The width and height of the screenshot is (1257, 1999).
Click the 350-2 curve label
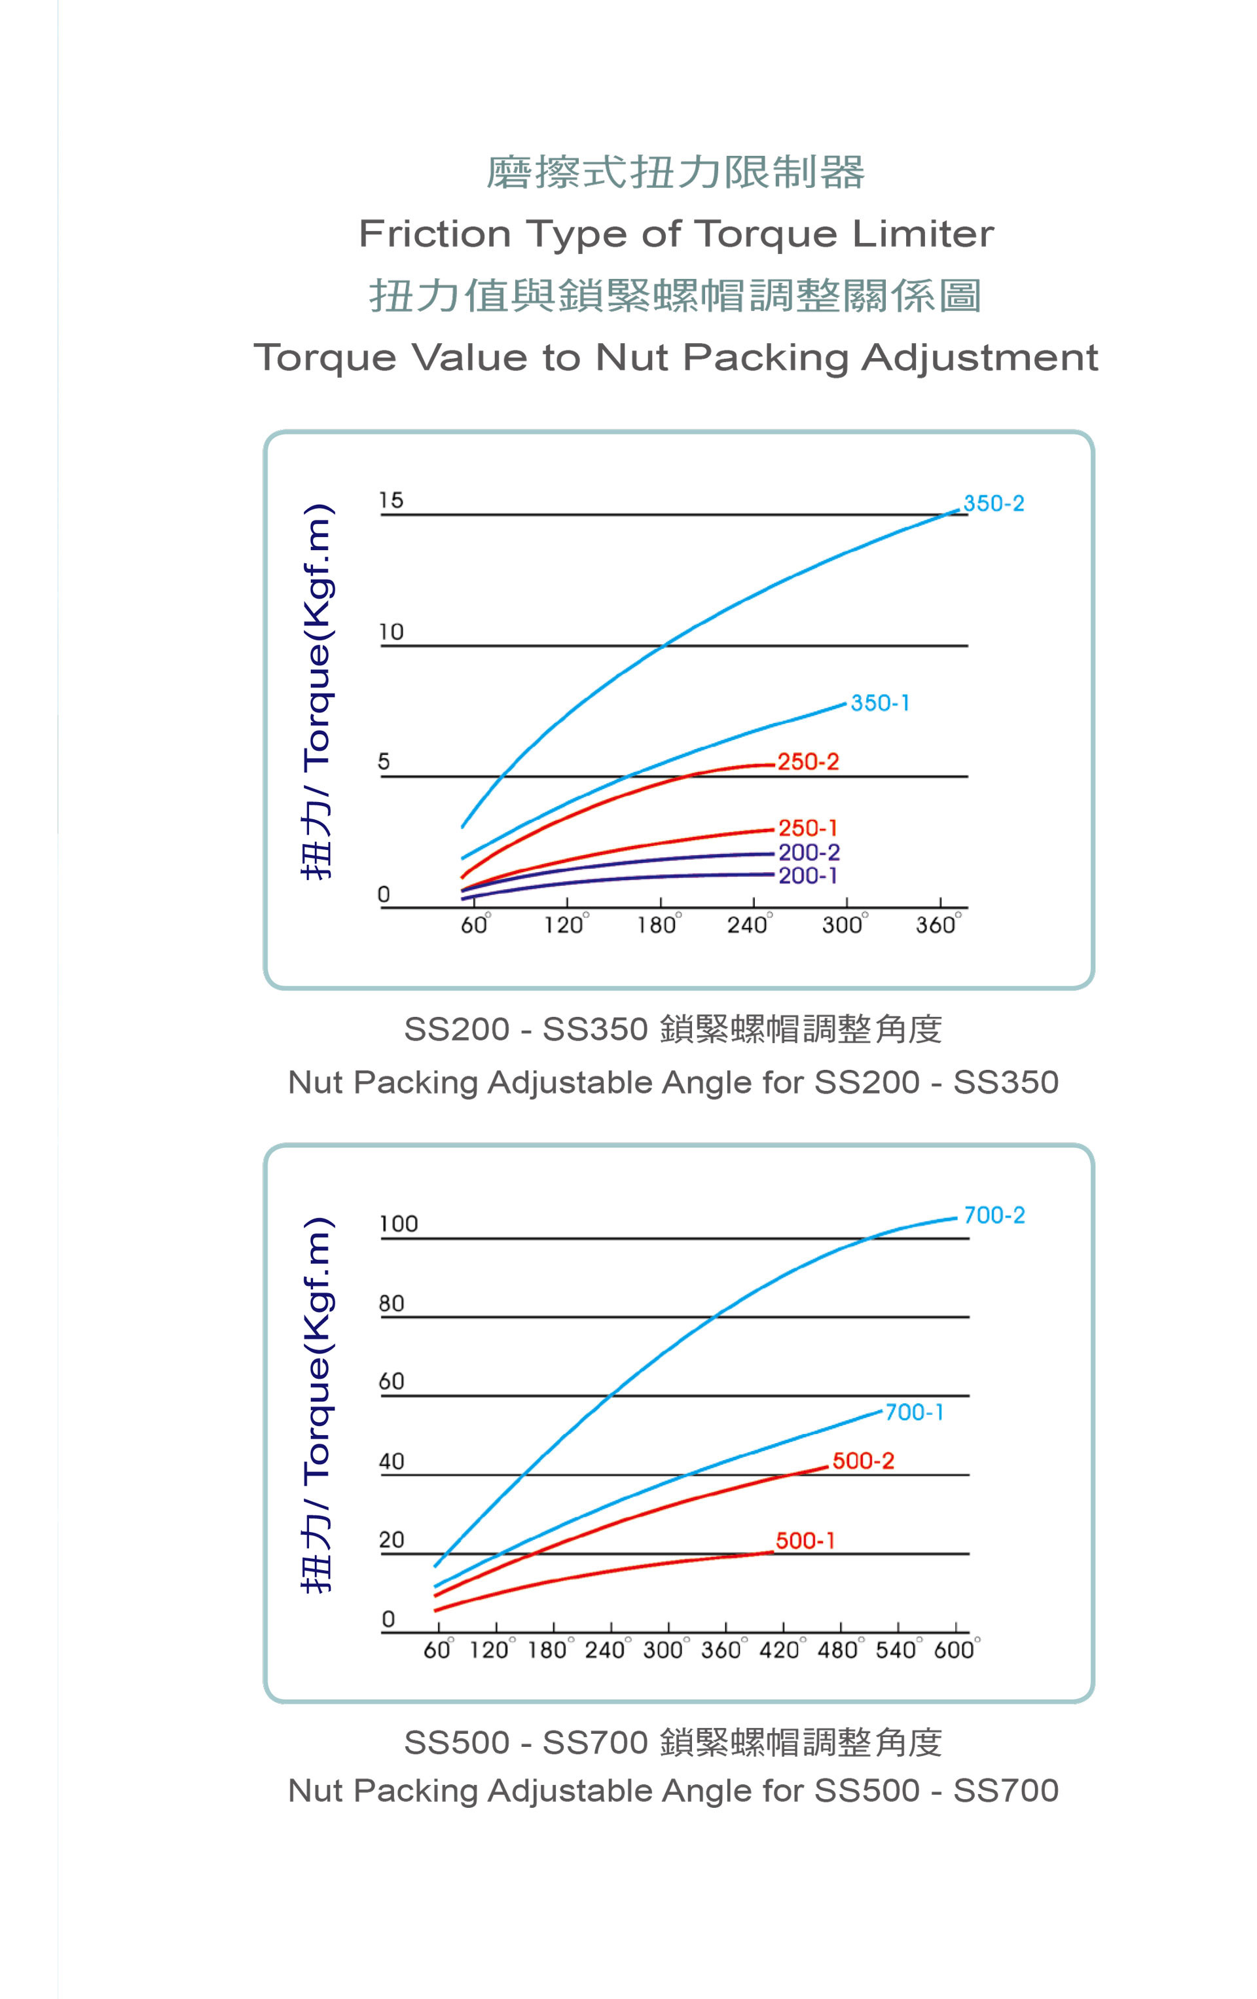point(993,503)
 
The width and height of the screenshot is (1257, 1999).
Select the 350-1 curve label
point(880,703)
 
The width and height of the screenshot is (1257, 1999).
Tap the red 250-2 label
point(808,761)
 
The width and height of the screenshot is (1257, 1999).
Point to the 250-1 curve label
point(808,828)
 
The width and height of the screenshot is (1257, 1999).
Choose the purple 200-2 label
point(809,852)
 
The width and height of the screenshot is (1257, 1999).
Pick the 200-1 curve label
point(808,875)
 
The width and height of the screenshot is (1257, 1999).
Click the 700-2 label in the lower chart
point(994,1215)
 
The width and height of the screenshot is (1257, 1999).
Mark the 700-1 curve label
point(914,1412)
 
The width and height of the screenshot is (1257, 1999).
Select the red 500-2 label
point(863,1461)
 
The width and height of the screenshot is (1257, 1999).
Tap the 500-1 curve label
point(805,1541)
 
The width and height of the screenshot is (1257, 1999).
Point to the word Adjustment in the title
point(979,358)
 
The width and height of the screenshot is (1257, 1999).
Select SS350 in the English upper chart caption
point(1006,1082)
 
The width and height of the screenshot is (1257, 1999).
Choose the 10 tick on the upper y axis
point(391,633)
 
